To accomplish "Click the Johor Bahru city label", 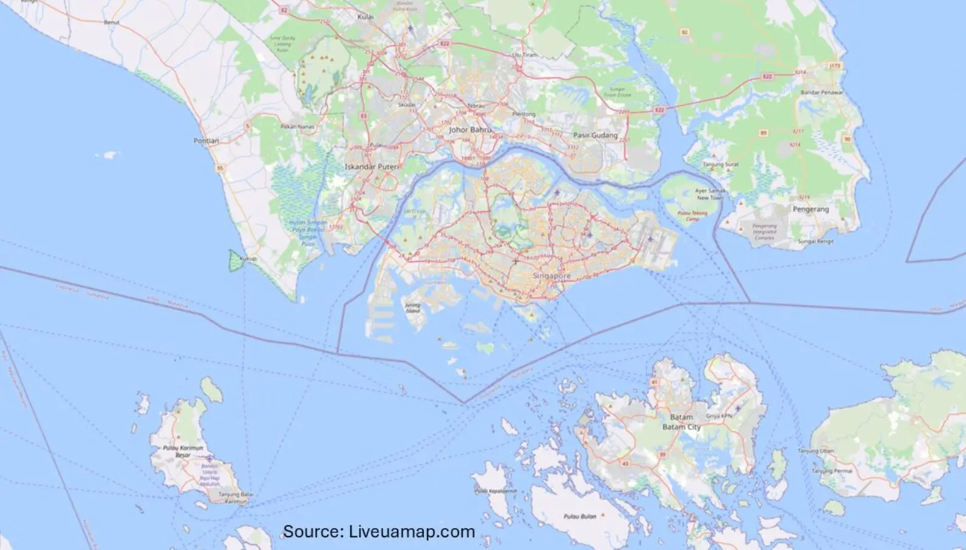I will click(470, 130).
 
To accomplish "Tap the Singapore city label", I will click(551, 276).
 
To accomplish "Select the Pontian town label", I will click(206, 141).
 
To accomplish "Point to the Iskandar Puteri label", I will click(371, 166).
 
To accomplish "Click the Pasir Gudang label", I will click(595, 135).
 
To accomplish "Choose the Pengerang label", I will click(810, 209).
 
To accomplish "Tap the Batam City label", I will click(681, 427).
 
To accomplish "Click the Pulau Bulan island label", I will click(579, 516).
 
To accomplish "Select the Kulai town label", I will click(365, 16).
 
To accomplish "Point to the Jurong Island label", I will click(413, 309).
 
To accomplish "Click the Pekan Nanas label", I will click(297, 126).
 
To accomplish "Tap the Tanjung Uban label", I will click(816, 451).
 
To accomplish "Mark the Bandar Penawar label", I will click(823, 93).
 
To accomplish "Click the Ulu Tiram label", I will click(525, 55).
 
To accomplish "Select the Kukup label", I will click(248, 259).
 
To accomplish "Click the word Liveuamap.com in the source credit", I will click(412, 532).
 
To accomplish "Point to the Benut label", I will click(112, 23).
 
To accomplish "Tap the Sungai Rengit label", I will click(815, 241).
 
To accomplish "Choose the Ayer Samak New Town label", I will click(710, 195).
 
